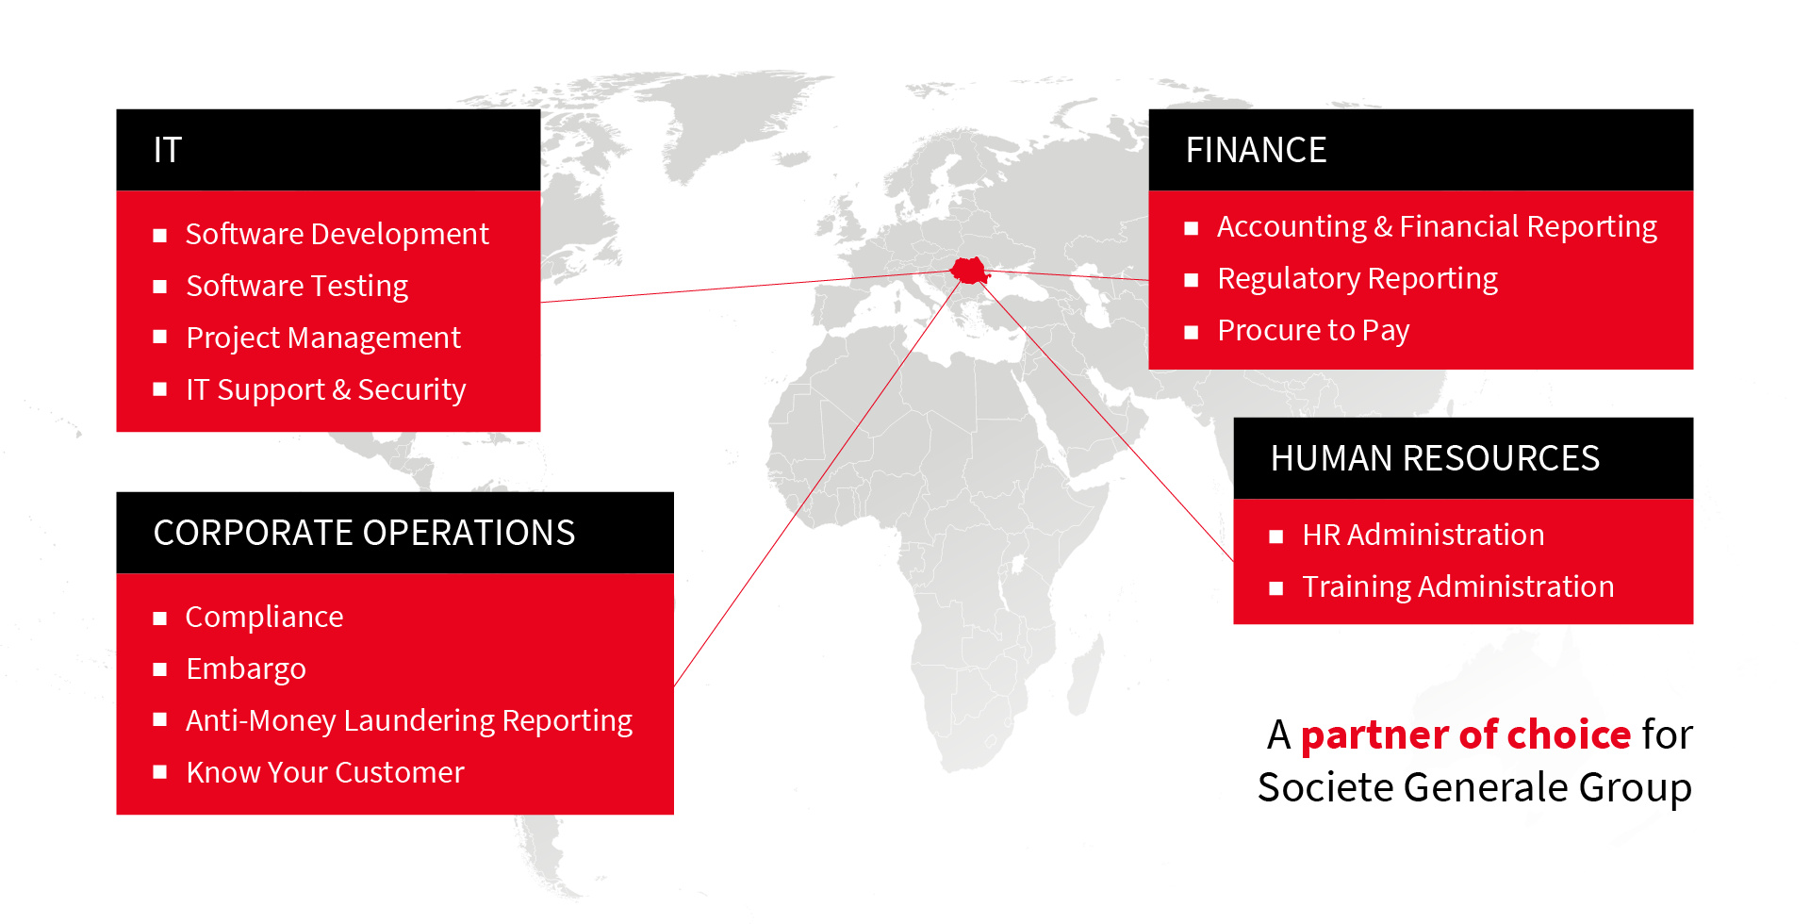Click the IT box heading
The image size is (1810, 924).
pos(167,150)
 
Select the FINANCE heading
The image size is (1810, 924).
pos(1256,150)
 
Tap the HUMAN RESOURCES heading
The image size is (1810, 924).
pos(1435,458)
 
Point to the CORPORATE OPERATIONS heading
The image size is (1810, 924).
pos(364,533)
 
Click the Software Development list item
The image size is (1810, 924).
pos(337,234)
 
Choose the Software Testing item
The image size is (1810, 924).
pos(297,286)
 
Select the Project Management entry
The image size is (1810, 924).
pos(323,338)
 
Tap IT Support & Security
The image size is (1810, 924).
pos(326,389)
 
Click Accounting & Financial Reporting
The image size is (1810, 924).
pos(1437,226)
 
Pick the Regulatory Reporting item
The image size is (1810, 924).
pos(1357,278)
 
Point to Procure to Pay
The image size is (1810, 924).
pos(1313,330)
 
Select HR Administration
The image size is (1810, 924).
pos(1423,535)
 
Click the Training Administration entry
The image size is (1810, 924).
pos(1458,586)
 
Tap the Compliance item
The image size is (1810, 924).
pos(264,617)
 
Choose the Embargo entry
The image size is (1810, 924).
pos(246,668)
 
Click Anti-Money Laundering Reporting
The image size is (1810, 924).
pos(409,720)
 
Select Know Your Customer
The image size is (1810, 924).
pos(325,772)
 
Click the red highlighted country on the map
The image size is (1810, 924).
pos(969,271)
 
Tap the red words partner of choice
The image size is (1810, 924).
pos(1466,734)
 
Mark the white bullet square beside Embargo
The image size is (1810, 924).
pos(160,669)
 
